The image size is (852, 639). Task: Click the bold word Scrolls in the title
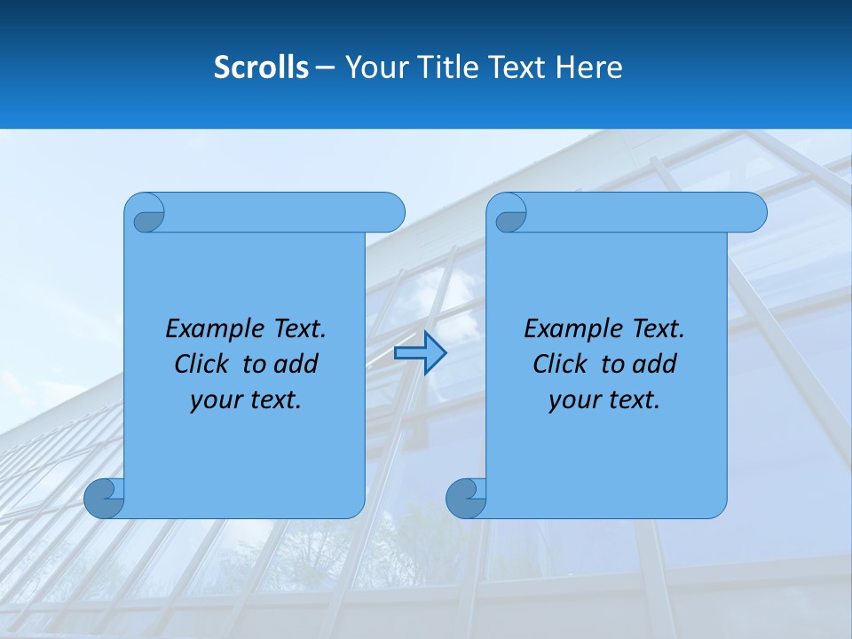(x=261, y=67)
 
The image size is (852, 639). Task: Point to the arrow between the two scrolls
(x=420, y=353)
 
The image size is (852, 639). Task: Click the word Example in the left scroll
(x=211, y=329)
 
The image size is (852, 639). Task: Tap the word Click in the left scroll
(x=201, y=364)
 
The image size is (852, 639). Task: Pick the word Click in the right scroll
(x=560, y=364)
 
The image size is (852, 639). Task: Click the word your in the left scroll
(x=216, y=400)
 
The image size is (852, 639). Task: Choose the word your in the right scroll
(x=574, y=400)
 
